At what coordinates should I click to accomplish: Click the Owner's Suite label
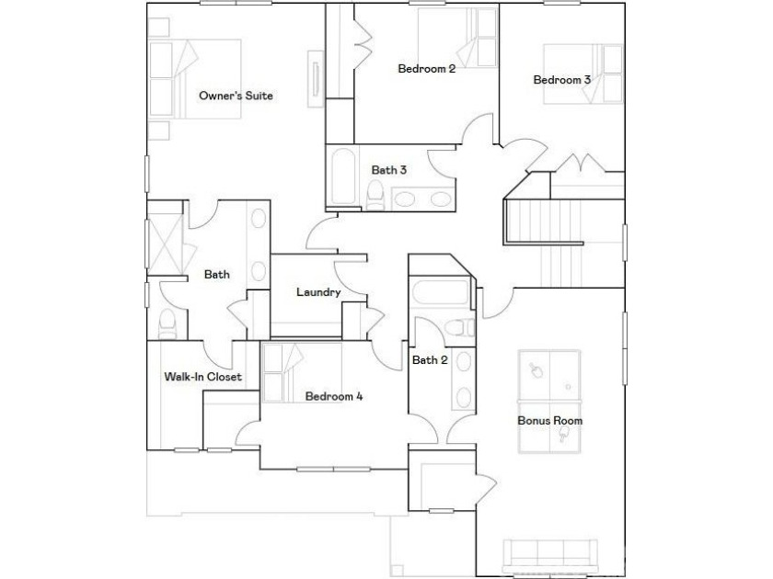pos(236,96)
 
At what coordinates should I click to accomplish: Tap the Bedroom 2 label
pos(426,68)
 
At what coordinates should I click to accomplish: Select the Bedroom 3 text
pos(561,79)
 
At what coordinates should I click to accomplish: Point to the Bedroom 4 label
pos(334,396)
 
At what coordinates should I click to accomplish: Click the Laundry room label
pos(318,292)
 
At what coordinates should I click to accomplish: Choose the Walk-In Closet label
pos(202,377)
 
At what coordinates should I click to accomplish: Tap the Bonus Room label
pos(549,421)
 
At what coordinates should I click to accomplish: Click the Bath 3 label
pos(389,170)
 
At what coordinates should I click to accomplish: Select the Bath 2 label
pos(430,360)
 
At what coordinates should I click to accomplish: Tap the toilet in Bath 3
pos(375,195)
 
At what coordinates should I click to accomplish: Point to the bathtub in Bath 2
pos(440,292)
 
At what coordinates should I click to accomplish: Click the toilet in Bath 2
pos(459,327)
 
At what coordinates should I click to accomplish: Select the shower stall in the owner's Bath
pos(165,244)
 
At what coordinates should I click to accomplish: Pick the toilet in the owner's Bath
pos(167,324)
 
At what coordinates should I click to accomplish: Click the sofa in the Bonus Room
pos(549,556)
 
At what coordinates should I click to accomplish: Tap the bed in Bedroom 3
pos(583,74)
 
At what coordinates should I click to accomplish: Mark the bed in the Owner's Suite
pos(195,79)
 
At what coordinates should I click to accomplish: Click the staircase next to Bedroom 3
pos(562,244)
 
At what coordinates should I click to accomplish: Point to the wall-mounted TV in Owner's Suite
pos(316,79)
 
